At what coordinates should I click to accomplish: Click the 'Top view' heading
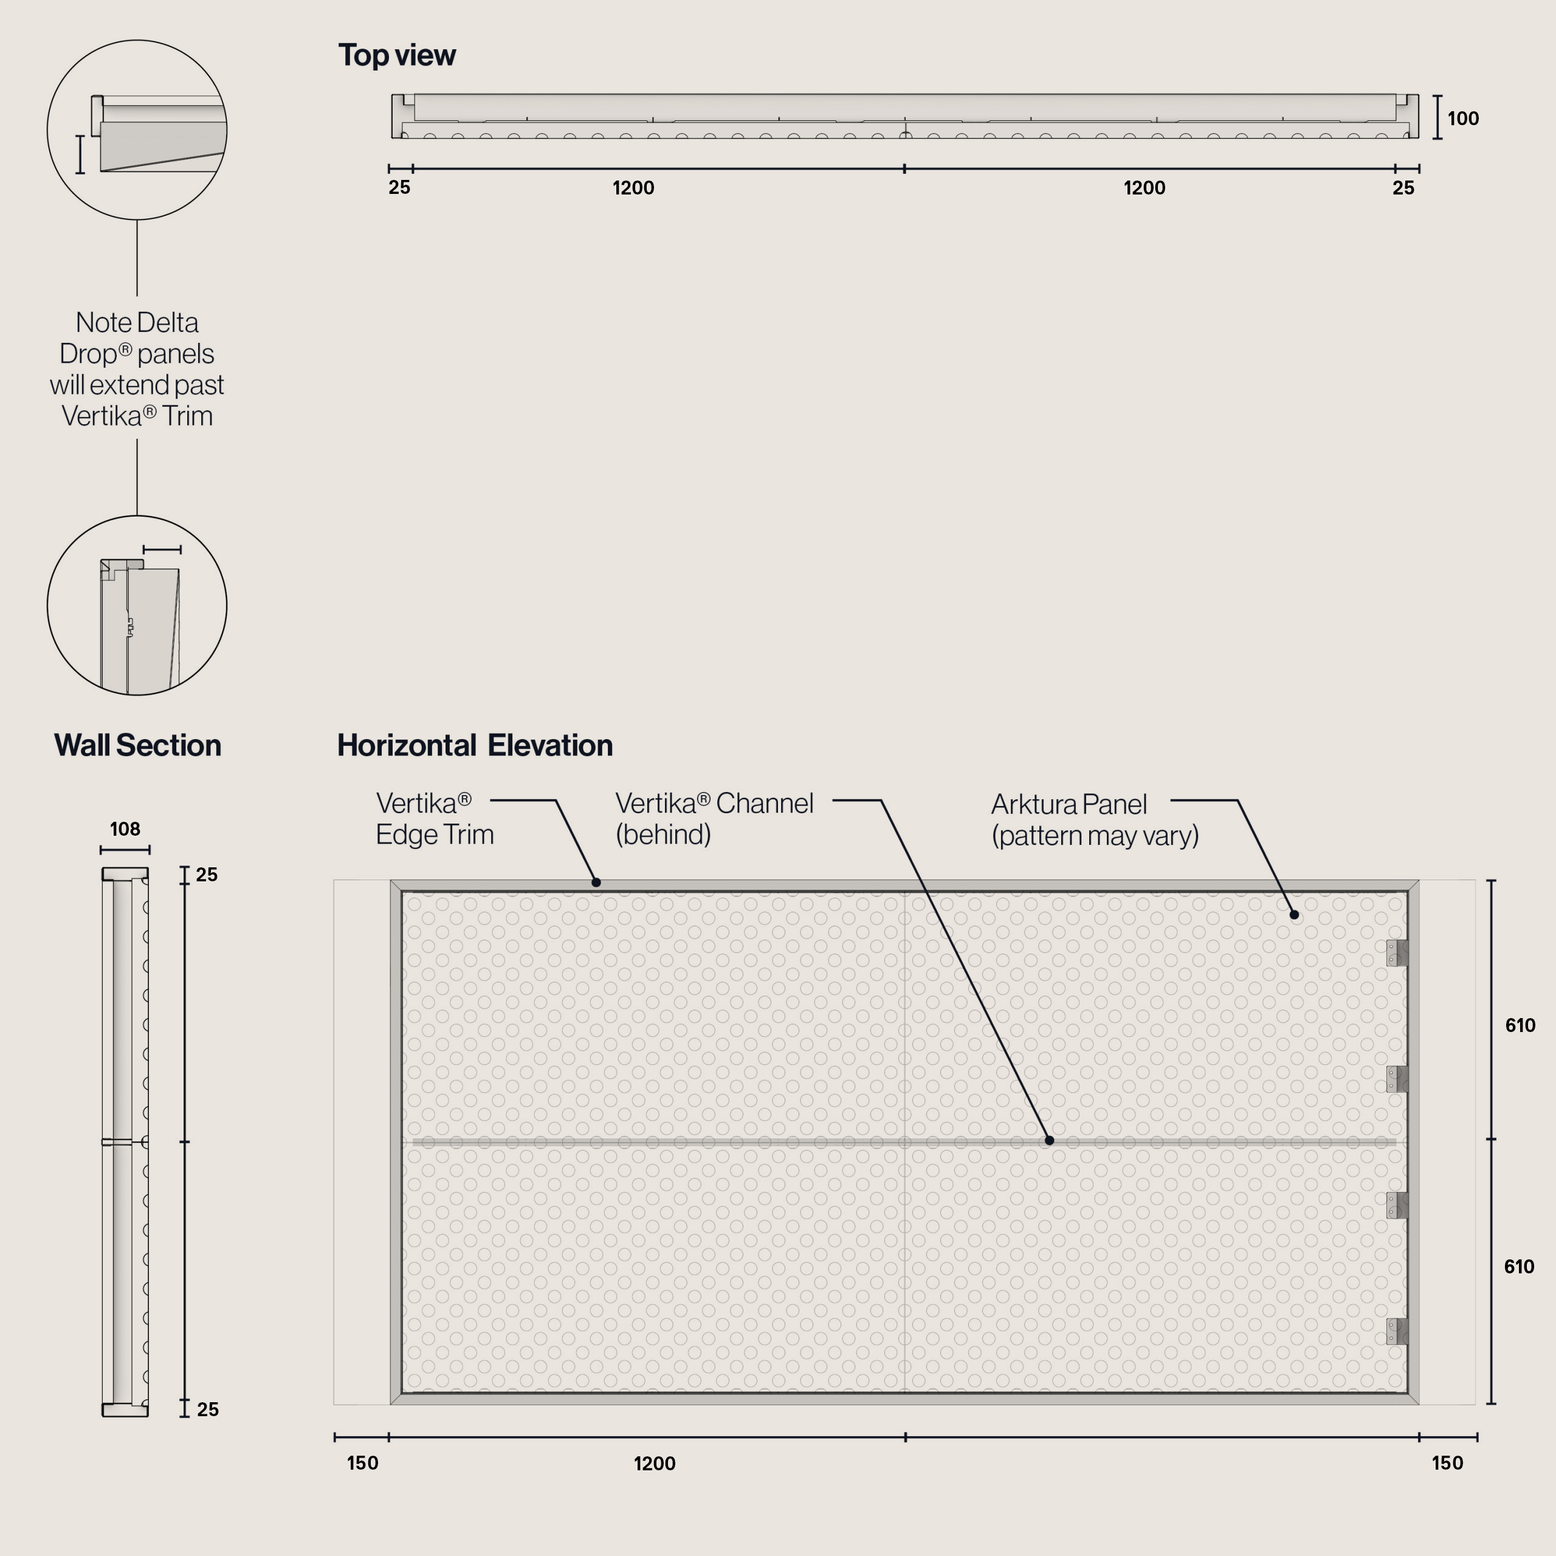pos(396,55)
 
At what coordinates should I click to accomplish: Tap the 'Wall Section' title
pos(138,745)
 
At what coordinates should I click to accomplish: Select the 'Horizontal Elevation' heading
pos(474,745)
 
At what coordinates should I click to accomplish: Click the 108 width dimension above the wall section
pos(125,828)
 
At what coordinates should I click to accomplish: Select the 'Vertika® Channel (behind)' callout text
pos(714,818)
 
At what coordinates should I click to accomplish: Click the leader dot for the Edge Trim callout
pos(596,883)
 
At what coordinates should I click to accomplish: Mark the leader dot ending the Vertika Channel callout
pos(1050,1140)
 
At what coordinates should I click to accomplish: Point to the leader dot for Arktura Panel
pos(1294,915)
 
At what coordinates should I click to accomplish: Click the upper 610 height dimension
pos(1520,1025)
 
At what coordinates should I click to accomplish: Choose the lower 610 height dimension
pos(1519,1267)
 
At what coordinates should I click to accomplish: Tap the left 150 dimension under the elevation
pos(362,1464)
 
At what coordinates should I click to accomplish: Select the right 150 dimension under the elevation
pos(1447,1464)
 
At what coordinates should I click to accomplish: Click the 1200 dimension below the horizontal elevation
pos(655,1464)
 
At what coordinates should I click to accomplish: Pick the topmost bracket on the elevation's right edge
pos(1397,953)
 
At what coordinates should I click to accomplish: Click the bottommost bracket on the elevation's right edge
pos(1397,1331)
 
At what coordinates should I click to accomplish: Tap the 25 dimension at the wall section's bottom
pos(208,1410)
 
